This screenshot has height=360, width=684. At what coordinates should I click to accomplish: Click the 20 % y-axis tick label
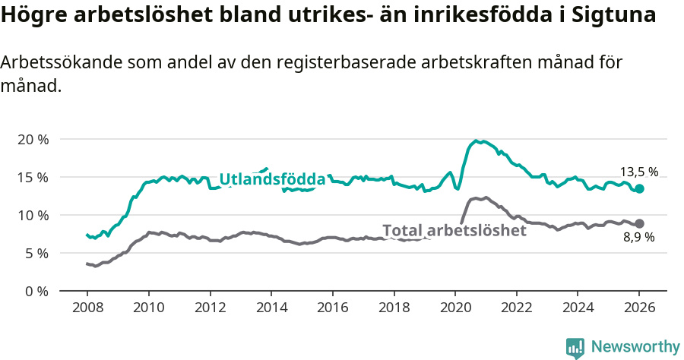(33, 140)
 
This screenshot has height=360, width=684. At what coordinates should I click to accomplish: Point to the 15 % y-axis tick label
(33, 177)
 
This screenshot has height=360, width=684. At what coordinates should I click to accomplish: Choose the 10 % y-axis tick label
(33, 215)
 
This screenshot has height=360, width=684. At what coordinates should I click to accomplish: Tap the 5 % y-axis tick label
(36, 253)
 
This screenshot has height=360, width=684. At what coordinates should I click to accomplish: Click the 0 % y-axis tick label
(36, 291)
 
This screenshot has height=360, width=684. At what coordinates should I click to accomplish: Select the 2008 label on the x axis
(87, 308)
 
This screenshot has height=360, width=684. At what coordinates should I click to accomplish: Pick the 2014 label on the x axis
(271, 308)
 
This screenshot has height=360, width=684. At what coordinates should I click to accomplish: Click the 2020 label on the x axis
(454, 308)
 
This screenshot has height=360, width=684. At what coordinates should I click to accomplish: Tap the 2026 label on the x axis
(639, 308)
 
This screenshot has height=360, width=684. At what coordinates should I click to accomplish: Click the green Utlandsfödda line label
(272, 179)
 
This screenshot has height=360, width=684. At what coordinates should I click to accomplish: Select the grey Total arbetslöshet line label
(454, 230)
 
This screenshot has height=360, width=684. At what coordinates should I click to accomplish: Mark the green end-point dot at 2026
(639, 188)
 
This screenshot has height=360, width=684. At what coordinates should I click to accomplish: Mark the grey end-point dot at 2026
(639, 223)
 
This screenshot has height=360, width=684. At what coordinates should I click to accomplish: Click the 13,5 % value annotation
(638, 172)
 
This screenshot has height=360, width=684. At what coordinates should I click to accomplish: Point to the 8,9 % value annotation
(638, 238)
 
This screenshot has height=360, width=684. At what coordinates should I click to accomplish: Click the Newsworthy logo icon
(575, 347)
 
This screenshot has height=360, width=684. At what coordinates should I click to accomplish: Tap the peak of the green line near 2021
(476, 141)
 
